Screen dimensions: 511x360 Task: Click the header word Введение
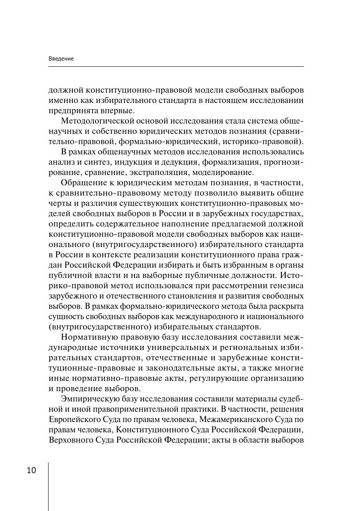(61, 59)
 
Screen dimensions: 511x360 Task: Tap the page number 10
(31, 470)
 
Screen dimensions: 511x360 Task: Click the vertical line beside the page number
(48, 486)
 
